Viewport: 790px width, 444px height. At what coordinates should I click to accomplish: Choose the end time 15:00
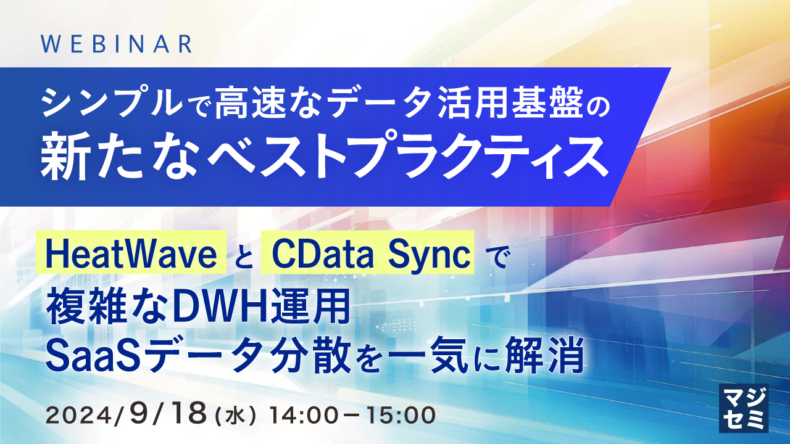[x=400, y=415]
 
